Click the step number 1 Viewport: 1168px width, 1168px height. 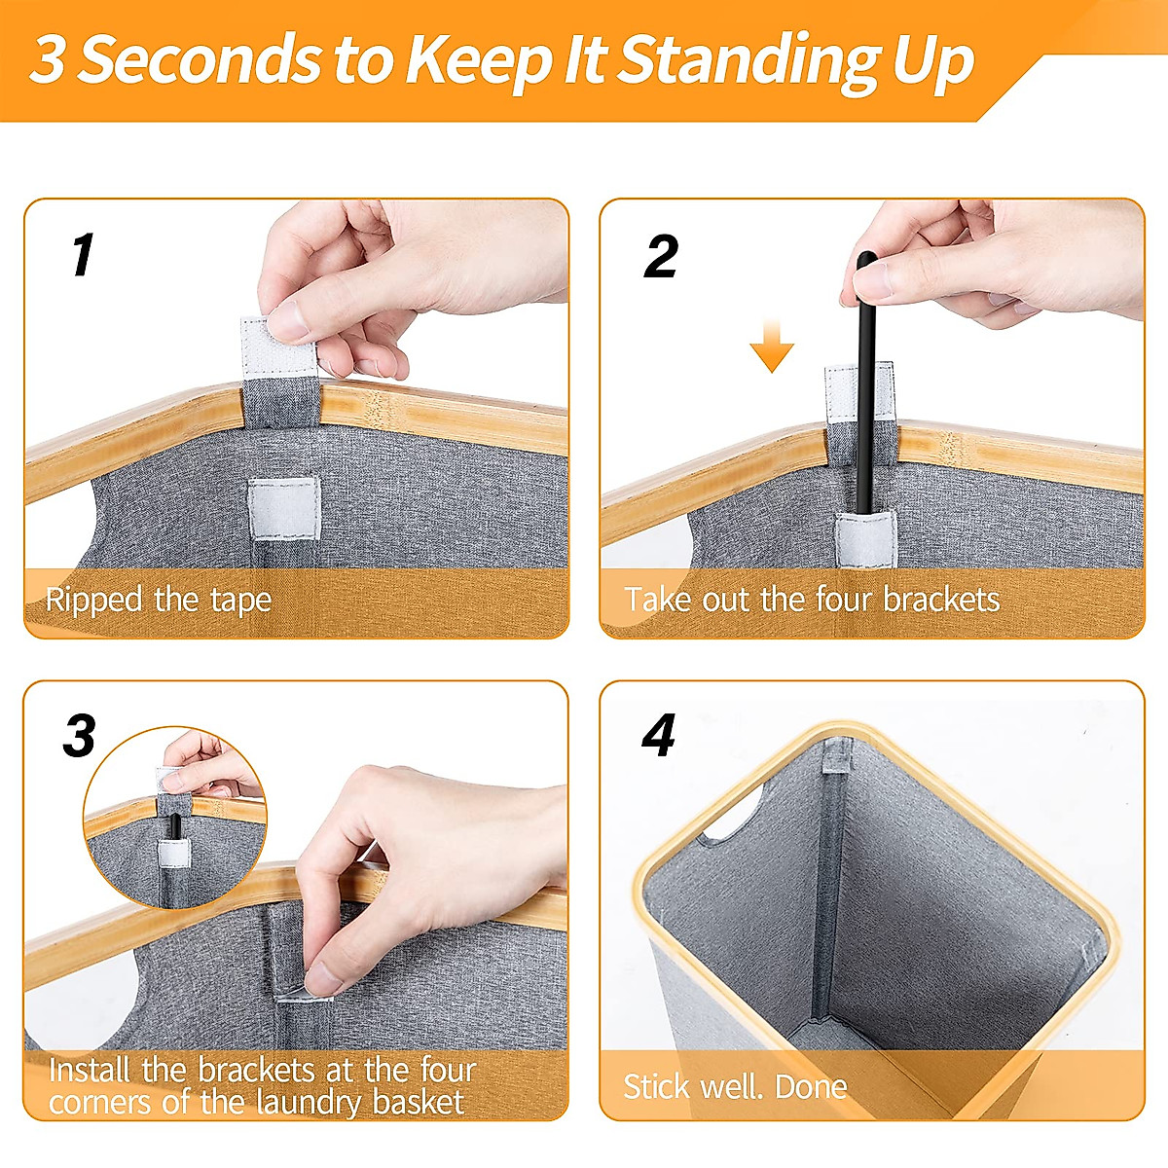[83, 254]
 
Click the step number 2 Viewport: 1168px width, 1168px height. [661, 257]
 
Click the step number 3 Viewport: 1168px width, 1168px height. [80, 736]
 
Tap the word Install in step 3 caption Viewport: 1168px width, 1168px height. [90, 1071]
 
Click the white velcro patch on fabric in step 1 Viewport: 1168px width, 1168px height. [284, 508]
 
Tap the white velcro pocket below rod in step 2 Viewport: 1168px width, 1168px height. [865, 539]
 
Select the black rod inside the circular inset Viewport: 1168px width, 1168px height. [175, 827]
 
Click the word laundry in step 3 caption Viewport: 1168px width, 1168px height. [306, 1103]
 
